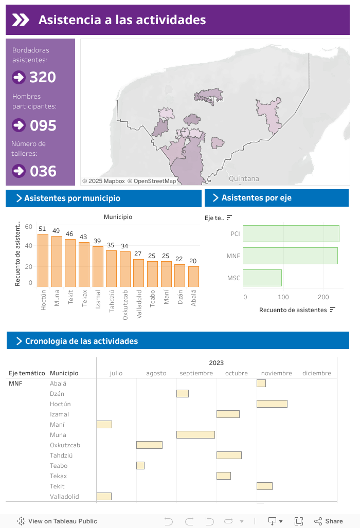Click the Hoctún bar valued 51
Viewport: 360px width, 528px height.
pos(43,260)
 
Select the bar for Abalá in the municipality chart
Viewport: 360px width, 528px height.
pos(193,277)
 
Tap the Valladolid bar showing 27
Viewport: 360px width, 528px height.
pos(138,273)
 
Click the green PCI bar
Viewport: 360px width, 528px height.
pos(291,233)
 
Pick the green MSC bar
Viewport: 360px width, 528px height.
pos(262,278)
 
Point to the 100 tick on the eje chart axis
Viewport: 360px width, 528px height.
pos(284,297)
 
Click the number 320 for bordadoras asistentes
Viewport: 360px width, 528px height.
pos(43,77)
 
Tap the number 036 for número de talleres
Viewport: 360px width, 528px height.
pos(43,171)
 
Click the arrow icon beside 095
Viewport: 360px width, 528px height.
pos(19,125)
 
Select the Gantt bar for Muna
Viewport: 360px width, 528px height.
pos(195,435)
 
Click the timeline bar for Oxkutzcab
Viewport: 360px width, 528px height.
pos(149,445)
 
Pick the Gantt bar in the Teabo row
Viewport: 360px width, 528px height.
pos(140,466)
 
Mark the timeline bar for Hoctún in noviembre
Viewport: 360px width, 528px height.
pos(272,404)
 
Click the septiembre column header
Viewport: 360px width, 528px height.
pos(196,373)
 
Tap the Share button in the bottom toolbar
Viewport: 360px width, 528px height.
pos(329,521)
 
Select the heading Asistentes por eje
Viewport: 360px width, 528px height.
pos(256,198)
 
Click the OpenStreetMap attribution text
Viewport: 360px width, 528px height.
pos(152,181)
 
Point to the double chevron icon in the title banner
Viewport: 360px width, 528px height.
pos(21,20)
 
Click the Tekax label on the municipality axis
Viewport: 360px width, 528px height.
pos(84,298)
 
